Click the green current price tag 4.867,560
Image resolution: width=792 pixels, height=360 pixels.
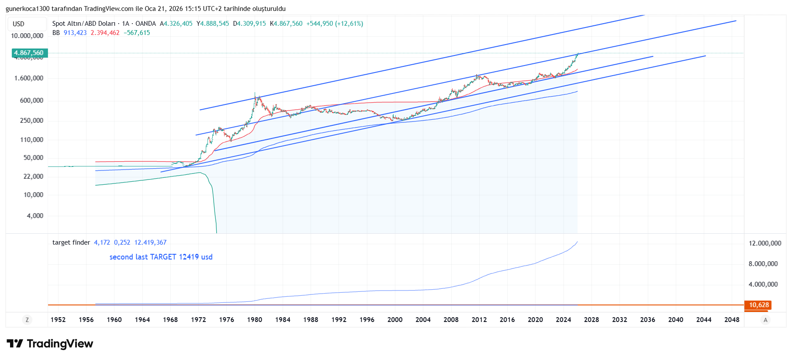29,53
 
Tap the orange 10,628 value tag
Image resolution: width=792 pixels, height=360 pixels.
758,305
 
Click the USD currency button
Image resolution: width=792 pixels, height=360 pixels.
18,24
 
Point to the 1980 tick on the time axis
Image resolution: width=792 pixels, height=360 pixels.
255,320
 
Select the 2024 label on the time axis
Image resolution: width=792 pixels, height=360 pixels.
563,320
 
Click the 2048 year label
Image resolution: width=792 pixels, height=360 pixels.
732,320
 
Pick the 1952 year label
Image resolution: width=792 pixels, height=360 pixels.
58,320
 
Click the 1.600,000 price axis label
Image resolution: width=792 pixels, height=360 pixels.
29,78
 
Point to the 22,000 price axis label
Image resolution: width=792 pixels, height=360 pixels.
33,177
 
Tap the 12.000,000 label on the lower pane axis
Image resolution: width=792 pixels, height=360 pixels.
764,243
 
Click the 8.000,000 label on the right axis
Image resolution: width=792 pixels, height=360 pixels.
763,264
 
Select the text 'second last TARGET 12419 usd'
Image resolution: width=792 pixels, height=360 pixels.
161,257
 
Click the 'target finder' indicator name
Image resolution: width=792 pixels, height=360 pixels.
71,242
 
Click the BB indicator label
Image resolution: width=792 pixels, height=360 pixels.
56,33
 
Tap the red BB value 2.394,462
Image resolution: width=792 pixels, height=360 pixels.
105,33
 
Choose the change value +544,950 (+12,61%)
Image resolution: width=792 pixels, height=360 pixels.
335,24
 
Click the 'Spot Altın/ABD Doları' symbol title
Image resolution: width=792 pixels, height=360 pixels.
84,24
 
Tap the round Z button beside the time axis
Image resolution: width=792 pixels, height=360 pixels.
27,320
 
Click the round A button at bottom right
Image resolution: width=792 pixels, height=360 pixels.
765,320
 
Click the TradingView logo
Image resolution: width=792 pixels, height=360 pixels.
50,344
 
